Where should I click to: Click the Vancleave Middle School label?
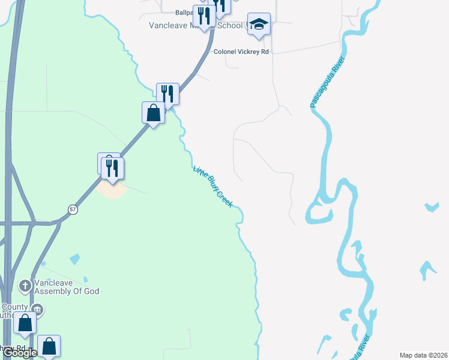(198, 26)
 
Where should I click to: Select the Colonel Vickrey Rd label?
(241, 52)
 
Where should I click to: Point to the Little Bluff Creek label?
(213, 187)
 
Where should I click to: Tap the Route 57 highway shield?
(73, 209)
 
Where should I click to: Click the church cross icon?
(25, 285)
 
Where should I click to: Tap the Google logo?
(20, 353)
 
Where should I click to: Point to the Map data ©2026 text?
(424, 355)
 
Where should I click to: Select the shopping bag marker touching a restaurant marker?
(154, 113)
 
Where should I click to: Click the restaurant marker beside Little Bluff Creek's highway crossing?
(168, 94)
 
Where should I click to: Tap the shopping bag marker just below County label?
(25, 323)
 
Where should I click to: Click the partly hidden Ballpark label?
(184, 12)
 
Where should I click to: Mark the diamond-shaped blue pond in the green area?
(74, 259)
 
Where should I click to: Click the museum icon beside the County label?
(37, 310)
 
